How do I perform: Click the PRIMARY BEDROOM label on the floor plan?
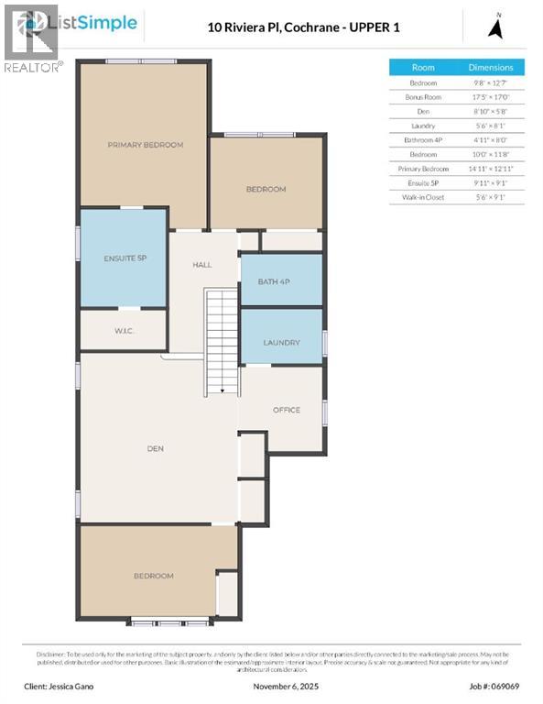click(145, 145)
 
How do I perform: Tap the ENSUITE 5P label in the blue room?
click(125, 258)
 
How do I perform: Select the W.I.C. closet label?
click(125, 330)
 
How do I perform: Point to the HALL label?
click(201, 265)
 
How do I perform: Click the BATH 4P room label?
click(274, 280)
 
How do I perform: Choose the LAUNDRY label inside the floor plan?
click(281, 343)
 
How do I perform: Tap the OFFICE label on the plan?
click(286, 410)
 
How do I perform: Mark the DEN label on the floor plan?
click(156, 448)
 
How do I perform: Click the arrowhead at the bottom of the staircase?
click(222, 390)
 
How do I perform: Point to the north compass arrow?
click(496, 27)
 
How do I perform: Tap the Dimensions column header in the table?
click(491, 68)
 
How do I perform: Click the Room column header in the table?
click(423, 68)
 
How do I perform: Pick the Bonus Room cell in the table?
click(423, 96)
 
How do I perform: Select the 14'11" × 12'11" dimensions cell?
click(491, 169)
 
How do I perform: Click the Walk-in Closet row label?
click(423, 197)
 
